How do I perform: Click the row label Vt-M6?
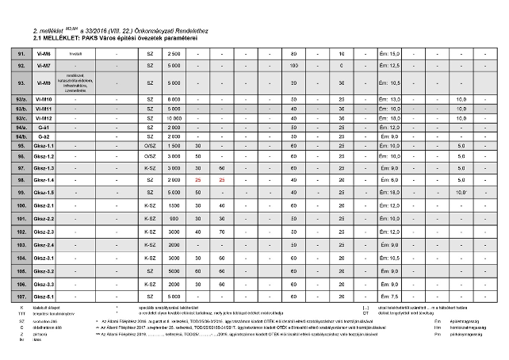coord(44,52)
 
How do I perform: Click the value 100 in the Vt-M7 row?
coord(293,65)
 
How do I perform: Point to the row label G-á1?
coord(44,127)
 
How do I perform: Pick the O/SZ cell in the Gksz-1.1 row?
coord(150,146)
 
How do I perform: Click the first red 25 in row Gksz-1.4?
coord(198,180)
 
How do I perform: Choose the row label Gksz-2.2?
coord(44,218)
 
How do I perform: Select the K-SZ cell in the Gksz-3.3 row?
coord(150,283)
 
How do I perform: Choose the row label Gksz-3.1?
coord(44,258)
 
